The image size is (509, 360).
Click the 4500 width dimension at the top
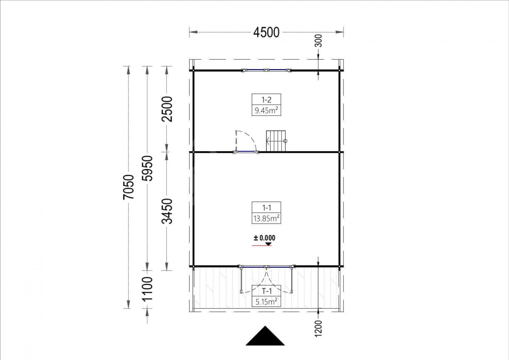[x=266, y=32]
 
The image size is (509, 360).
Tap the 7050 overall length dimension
[x=128, y=187]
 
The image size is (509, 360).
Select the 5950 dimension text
[x=147, y=168]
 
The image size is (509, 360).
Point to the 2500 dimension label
[x=167, y=109]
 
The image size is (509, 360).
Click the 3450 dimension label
[x=167, y=211]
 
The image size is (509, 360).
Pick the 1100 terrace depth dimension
[x=147, y=289]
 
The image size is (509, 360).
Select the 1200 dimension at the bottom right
[x=319, y=329]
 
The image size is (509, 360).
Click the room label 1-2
[x=266, y=100]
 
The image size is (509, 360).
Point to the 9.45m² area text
[x=266, y=111]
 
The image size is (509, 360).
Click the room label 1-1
[x=266, y=208]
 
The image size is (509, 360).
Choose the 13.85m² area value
[x=266, y=219]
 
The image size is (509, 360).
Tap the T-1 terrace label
[x=266, y=291]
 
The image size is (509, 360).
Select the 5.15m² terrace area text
[x=266, y=302]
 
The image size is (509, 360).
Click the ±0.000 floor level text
[x=264, y=238]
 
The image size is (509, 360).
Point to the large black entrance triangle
[x=265, y=336]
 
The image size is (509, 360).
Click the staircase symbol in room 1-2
[x=276, y=141]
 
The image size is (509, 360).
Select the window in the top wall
[x=266, y=70]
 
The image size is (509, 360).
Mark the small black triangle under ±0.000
[x=269, y=244]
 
